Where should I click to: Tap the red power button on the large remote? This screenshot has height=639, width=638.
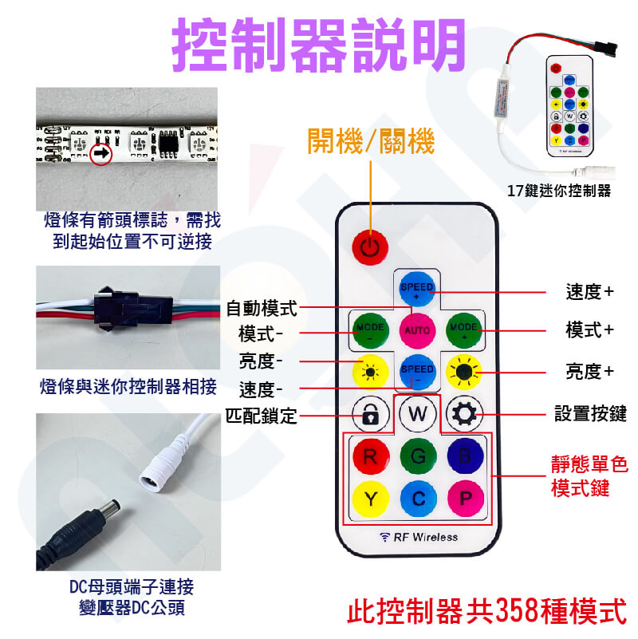pyautogui.click(x=370, y=247)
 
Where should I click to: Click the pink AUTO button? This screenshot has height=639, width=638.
pyautogui.click(x=417, y=330)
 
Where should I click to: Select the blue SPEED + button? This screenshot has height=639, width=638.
pyautogui.click(x=416, y=289)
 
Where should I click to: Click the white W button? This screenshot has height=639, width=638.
pyautogui.click(x=418, y=414)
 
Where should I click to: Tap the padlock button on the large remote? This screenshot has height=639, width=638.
pyautogui.click(x=370, y=415)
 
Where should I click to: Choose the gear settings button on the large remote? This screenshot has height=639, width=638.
pyautogui.click(x=464, y=414)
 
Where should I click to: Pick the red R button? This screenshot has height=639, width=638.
pyautogui.click(x=370, y=456)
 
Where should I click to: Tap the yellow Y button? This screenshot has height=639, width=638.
pyautogui.click(x=370, y=499)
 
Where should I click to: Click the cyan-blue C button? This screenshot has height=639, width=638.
pyautogui.click(x=419, y=499)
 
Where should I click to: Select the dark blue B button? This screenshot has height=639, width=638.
pyautogui.click(x=465, y=456)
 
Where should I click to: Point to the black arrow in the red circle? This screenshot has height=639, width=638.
pyautogui.click(x=101, y=154)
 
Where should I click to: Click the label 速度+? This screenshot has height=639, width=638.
pyautogui.click(x=589, y=292)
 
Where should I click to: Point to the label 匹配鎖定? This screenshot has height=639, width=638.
pyautogui.click(x=261, y=416)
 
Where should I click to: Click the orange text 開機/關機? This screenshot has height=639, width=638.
pyautogui.click(x=371, y=141)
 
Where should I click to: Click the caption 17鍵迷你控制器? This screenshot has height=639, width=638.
pyautogui.click(x=559, y=191)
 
